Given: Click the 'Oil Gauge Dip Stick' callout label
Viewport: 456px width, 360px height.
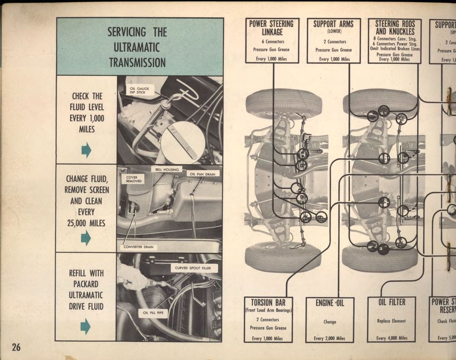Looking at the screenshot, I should click(140, 90).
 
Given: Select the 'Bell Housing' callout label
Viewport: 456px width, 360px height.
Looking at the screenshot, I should click(167, 169).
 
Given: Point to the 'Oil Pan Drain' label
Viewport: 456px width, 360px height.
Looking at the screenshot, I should click(203, 174).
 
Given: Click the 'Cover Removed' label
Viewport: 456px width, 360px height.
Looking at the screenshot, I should click(134, 179).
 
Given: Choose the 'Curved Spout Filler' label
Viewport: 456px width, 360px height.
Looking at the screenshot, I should click(196, 268).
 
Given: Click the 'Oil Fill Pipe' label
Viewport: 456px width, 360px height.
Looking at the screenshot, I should click(153, 313).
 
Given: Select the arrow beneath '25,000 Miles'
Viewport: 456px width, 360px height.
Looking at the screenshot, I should click(86, 238).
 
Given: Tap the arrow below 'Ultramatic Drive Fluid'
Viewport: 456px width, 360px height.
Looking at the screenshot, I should click(86, 326).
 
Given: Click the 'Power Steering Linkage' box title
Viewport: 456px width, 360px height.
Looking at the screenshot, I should click(272, 28).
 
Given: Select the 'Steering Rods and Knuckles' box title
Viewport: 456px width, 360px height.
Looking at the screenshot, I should click(395, 28).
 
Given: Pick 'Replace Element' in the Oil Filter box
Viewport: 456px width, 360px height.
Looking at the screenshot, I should click(391, 321).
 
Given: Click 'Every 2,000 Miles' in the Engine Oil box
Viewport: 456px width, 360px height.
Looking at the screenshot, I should click(330, 338).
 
